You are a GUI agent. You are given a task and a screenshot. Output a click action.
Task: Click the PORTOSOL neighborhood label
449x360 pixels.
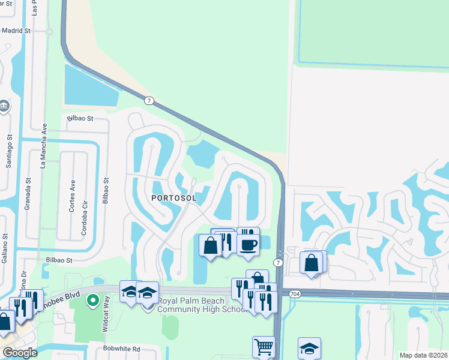tap(174, 197)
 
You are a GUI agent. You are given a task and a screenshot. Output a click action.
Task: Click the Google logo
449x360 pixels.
tap(20, 352)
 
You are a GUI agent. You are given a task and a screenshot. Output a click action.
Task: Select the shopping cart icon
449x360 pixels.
tap(264, 346)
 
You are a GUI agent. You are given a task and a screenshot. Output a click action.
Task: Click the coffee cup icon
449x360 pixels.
tap(247, 244)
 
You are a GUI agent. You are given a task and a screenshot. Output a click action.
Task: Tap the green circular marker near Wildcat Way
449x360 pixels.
tap(92, 300)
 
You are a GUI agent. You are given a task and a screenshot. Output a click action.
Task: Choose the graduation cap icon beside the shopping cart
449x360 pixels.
tap(309, 348)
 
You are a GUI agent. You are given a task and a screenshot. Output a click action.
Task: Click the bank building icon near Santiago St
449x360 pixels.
tap(4, 106)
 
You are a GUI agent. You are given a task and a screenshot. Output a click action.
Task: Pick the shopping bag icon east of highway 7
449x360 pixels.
tap(312, 262)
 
